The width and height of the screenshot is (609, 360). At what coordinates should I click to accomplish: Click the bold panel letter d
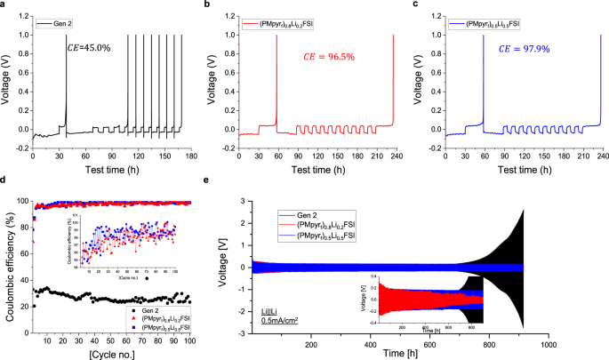point(4,180)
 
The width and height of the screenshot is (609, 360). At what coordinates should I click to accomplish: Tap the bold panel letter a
point(4,4)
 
